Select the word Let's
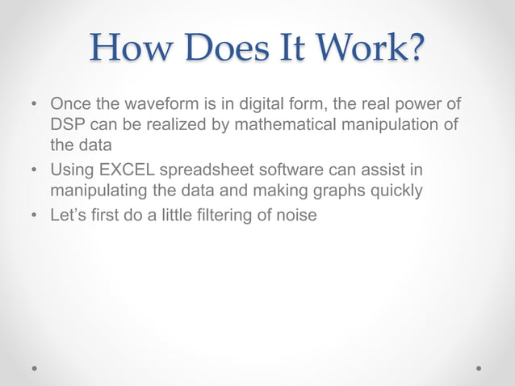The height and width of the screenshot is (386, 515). click(68, 216)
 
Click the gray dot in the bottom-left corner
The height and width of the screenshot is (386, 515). click(36, 367)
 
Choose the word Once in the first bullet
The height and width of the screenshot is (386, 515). click(70, 106)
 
